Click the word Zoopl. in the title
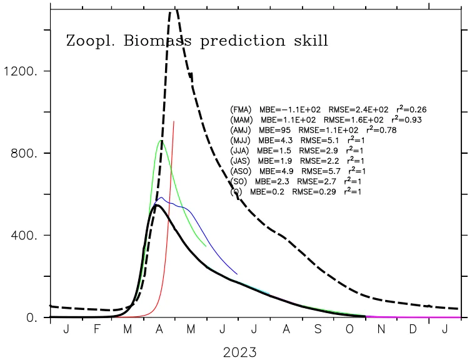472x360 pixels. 87,42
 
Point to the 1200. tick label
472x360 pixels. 20,71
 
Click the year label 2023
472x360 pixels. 239,352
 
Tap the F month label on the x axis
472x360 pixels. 97,329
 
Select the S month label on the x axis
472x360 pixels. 318,329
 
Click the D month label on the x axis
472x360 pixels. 413,329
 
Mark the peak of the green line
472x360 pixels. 161,141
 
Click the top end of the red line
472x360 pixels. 174,122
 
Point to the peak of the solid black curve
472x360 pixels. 157,205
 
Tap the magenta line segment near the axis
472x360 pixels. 413,317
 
